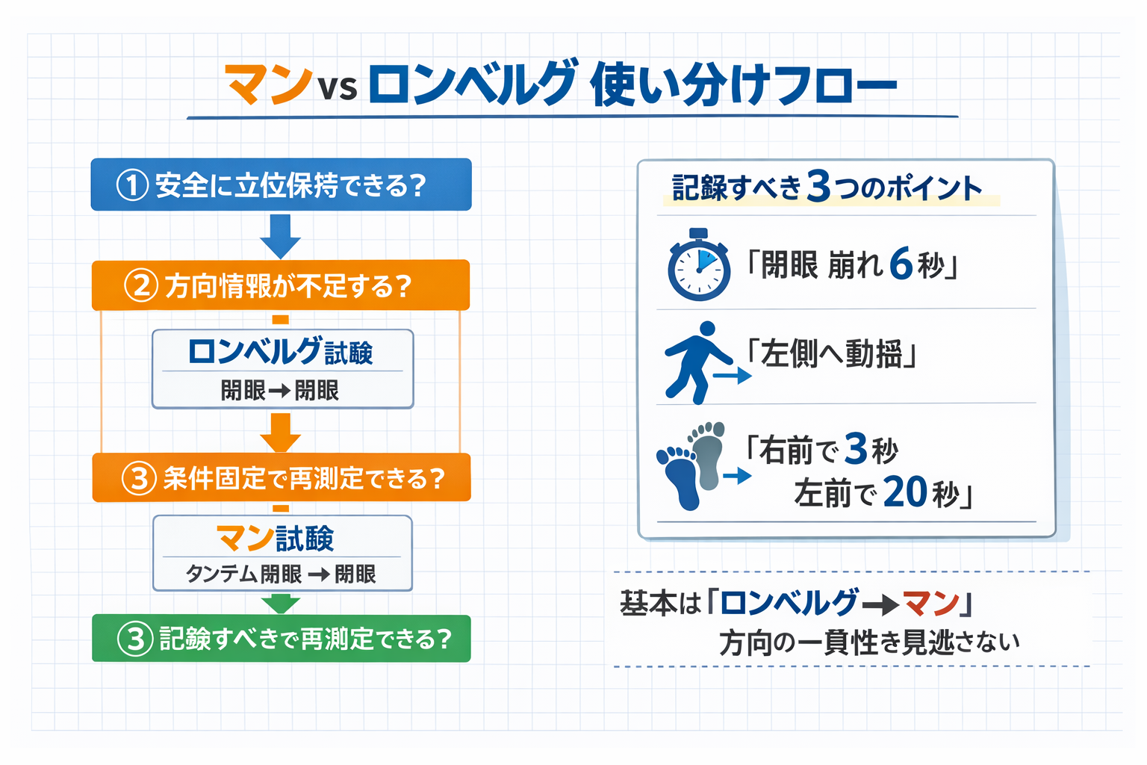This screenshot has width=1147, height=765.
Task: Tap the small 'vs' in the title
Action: [338, 88]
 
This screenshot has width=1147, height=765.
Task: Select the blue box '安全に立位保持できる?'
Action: [281, 185]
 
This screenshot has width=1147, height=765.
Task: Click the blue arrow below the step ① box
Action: [280, 235]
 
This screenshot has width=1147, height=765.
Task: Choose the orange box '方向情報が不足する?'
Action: [281, 285]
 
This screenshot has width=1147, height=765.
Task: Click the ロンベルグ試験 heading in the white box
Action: [281, 351]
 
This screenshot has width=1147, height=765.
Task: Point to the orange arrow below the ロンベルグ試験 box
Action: [280, 433]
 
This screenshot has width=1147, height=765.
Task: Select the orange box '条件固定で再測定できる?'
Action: [281, 477]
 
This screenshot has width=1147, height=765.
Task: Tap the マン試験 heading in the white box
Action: [275, 538]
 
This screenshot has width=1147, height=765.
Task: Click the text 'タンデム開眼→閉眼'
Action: [281, 574]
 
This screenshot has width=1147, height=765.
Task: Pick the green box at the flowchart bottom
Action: [281, 639]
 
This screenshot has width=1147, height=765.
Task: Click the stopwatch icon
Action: [698, 266]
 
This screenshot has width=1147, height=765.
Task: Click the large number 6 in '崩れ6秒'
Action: [901, 264]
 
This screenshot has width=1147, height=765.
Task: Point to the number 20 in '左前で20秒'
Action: [905, 492]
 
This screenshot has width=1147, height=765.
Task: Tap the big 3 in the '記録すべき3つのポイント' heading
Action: [818, 187]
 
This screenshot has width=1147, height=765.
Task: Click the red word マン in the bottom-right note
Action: [930, 603]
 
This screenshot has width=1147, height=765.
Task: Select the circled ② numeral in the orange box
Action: [140, 286]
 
